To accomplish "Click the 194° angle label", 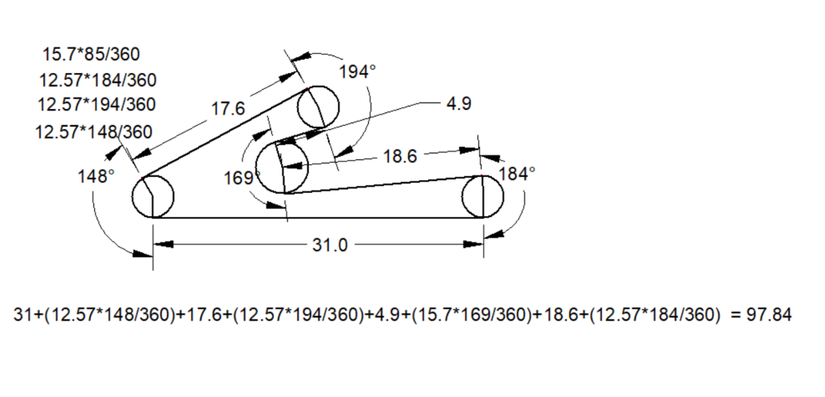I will [357, 72].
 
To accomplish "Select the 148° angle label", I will [96, 176].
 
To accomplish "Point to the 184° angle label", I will [517, 174].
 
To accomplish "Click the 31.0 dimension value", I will [329, 245].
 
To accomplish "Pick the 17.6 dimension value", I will [228, 109].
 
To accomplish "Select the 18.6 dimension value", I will [400, 156].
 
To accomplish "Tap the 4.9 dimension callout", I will [458, 104].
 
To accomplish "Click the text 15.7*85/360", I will [91, 53].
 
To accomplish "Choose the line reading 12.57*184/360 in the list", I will [97, 80].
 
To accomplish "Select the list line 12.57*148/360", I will [93, 132].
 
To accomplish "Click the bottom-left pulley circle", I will [153, 197].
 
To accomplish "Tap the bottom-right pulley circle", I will [483, 197].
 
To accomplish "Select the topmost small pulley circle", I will [318, 107].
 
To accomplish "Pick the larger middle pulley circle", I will [282, 167].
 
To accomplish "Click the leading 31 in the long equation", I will [23, 315].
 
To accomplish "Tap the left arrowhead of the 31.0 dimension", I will [161, 245].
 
